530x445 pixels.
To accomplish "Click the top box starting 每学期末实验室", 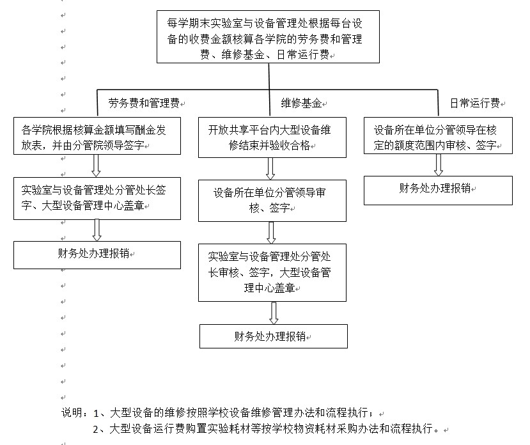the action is tap(268, 36).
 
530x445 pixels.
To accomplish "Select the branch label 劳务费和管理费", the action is tap(144, 103).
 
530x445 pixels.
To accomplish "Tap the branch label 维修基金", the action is tap(301, 103).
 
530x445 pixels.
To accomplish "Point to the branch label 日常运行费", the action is tap(475, 103).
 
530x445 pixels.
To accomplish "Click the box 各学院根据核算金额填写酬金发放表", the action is tap(97, 136).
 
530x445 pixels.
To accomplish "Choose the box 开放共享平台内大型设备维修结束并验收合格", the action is tap(272, 137).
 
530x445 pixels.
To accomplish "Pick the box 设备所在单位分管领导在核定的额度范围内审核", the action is tap(438, 136).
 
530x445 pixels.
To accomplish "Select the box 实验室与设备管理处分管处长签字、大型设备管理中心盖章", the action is tap(97, 198).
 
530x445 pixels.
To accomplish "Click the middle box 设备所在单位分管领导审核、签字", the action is tap(272, 201).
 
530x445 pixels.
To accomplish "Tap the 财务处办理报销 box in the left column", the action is tap(97, 255).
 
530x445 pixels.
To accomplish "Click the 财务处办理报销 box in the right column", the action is tap(438, 191).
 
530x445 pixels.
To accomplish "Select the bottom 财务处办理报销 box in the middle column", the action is tap(274, 336).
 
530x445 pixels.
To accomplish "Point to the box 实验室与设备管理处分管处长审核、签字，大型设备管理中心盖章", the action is tap(272, 272).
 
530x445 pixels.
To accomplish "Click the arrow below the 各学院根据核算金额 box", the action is tap(96, 166).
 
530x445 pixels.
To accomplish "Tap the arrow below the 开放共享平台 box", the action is tap(270, 169).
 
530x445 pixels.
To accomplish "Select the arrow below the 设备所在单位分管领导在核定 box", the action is tap(439, 165).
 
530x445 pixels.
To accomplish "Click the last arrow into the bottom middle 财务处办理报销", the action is tap(274, 313).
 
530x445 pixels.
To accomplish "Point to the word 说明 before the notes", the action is tap(72, 413).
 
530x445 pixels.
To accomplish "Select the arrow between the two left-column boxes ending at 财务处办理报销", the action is tap(97, 230).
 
